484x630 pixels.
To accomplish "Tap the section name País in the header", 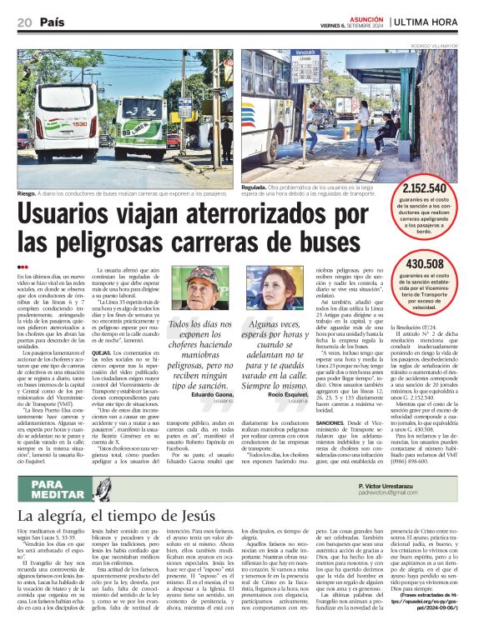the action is click(x=53, y=22).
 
